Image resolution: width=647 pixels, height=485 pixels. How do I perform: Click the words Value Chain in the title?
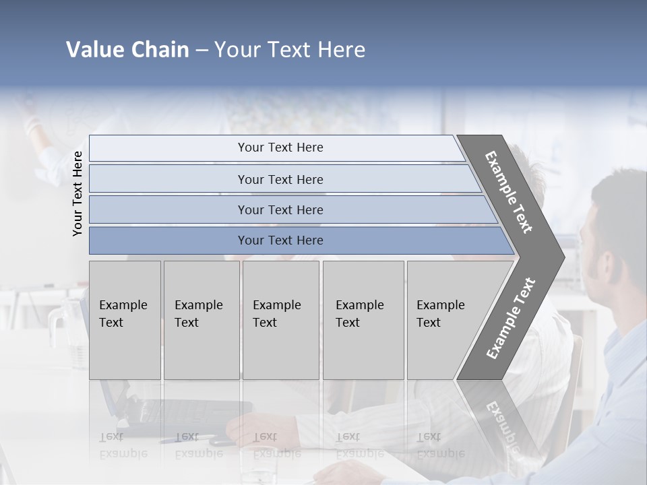(127, 50)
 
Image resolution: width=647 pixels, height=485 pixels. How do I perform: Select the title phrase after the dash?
(290, 50)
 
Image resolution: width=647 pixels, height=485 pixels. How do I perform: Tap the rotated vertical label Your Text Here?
(78, 193)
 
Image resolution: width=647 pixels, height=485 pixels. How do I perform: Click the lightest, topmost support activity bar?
(276, 148)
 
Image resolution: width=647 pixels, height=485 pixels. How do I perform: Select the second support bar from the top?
(283, 179)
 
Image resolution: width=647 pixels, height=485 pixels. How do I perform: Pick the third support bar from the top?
(290, 209)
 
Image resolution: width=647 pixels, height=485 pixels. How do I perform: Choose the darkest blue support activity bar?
(297, 240)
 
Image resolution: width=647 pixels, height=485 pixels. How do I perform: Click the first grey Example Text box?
(125, 320)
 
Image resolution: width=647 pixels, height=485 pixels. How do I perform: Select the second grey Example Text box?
(202, 320)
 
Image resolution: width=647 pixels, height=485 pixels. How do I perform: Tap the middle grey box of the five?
(280, 320)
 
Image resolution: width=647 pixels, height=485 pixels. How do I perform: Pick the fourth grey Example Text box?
(363, 320)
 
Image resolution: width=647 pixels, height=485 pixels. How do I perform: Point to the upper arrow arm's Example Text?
(509, 192)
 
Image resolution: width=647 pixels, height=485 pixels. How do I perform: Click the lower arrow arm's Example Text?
(511, 318)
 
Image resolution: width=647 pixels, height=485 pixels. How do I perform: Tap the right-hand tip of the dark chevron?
(559, 257)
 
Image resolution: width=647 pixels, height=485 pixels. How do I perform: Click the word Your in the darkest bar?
(250, 240)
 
